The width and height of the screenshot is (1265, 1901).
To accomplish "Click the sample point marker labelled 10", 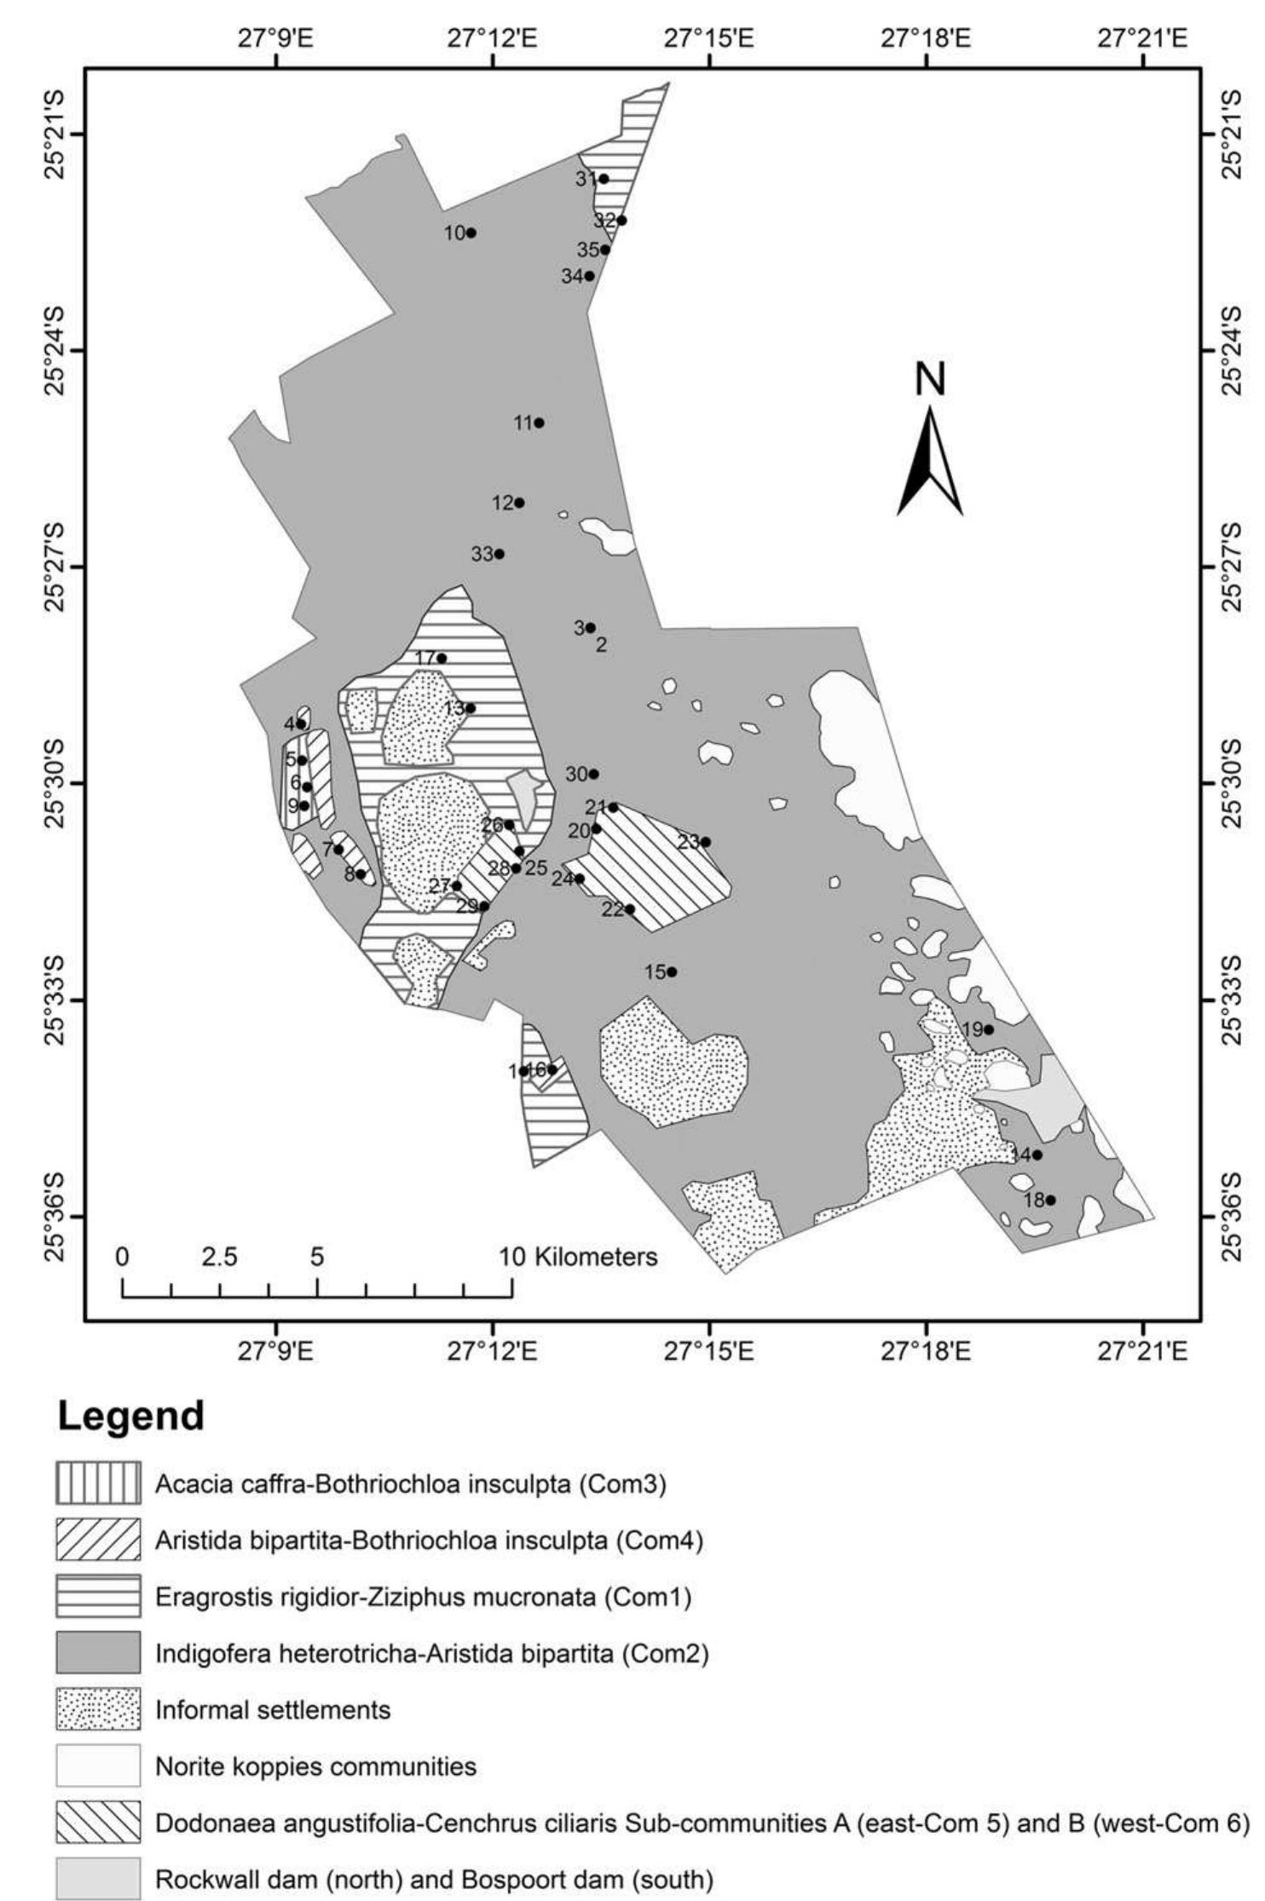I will click(471, 233).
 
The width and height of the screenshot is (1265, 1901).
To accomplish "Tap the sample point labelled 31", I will click(604, 179).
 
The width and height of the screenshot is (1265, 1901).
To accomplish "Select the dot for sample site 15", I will click(672, 971).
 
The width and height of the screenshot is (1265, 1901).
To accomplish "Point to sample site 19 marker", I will click(989, 1029).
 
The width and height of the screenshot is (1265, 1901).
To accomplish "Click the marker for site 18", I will click(1050, 1200).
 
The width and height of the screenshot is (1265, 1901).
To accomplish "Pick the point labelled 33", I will click(500, 554).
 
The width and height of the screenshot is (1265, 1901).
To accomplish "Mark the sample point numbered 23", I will click(705, 842).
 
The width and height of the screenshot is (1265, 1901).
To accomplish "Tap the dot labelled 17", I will click(442, 658).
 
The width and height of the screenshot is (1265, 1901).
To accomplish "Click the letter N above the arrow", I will click(930, 380).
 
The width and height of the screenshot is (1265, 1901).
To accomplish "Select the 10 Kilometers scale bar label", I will click(579, 1257).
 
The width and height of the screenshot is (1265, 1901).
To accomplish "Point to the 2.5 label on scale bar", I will click(220, 1257).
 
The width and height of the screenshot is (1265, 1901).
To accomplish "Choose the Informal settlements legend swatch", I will click(98, 1709).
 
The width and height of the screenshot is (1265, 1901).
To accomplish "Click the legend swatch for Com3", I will click(98, 1484).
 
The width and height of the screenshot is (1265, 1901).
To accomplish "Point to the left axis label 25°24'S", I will click(50, 349).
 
